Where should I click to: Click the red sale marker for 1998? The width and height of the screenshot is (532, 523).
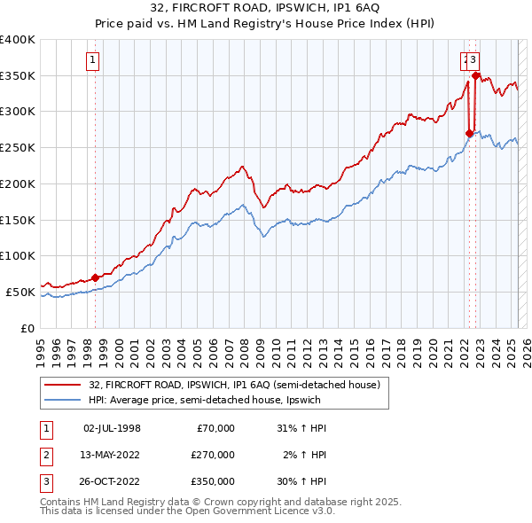95,277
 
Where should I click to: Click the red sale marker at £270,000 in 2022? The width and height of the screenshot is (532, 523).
469,133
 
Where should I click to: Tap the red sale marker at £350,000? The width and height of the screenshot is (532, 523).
476,75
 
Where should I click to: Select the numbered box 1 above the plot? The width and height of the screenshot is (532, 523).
93,60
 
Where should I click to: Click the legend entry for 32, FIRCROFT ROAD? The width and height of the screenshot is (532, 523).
234,385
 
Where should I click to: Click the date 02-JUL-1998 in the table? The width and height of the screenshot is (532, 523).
112,428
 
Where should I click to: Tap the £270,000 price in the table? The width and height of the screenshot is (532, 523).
213,455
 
